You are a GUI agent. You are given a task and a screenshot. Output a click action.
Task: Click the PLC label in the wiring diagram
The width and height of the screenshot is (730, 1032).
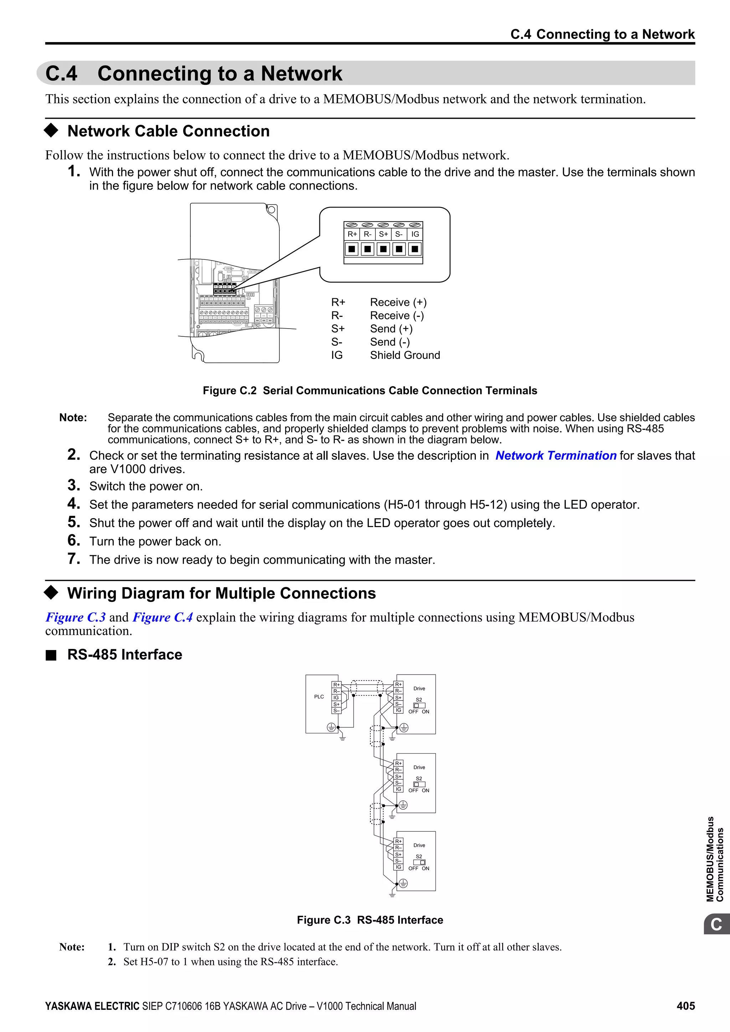[319, 697]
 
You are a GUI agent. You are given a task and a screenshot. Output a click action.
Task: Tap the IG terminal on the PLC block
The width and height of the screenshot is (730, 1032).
[336, 698]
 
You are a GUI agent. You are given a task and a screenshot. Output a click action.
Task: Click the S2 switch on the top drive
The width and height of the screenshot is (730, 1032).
[420, 705]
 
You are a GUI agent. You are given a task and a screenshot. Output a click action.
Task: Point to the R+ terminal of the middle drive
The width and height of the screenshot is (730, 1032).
[398, 763]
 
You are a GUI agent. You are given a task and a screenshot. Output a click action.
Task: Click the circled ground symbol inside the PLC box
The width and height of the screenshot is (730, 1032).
[331, 727]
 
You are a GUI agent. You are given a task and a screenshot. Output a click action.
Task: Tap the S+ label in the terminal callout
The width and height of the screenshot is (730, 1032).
[383, 234]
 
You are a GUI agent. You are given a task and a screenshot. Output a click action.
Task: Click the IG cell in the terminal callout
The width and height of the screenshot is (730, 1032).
[415, 234]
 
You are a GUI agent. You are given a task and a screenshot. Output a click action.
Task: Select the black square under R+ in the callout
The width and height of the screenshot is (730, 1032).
[352, 249]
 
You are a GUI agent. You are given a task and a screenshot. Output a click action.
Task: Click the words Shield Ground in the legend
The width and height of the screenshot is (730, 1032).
[405, 355]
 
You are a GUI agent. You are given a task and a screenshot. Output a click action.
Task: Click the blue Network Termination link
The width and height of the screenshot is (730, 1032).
[556, 455]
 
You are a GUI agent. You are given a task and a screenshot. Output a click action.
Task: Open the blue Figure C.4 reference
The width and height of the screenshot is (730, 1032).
[163, 617]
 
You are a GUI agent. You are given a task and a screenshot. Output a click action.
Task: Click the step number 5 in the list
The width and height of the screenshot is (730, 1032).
[74, 522]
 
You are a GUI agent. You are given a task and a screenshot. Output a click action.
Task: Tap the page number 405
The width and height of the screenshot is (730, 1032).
[685, 1006]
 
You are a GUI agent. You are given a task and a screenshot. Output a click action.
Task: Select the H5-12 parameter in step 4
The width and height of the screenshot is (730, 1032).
[488, 505]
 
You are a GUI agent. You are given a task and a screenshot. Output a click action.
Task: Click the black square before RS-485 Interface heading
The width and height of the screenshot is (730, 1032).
[51, 655]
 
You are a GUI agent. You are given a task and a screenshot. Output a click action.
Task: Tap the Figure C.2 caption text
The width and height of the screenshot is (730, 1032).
[370, 391]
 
